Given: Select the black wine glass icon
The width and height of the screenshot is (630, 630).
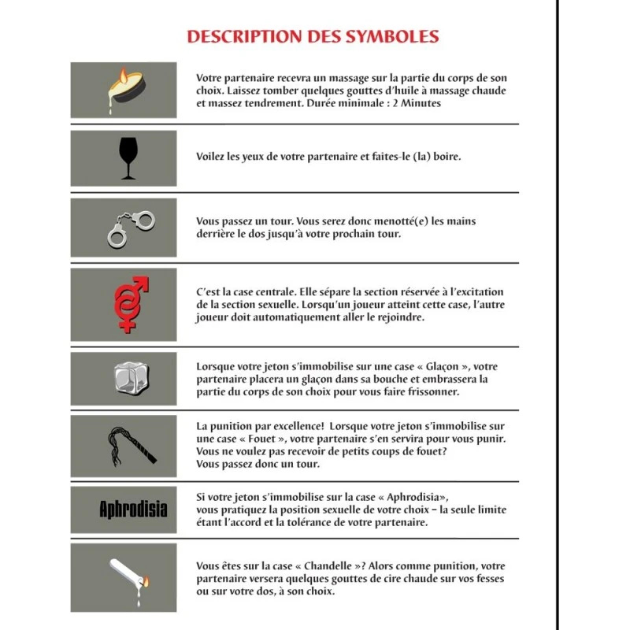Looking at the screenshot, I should pos(126,157).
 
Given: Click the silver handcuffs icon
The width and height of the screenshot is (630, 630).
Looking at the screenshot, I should pos(129,228).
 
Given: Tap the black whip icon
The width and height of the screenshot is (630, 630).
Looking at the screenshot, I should pos(131,446).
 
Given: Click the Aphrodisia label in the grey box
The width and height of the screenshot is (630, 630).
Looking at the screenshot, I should pos(133,509).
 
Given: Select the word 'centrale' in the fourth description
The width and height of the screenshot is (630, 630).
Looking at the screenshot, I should pos(261,292).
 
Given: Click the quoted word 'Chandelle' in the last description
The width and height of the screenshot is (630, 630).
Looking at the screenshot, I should pos(324,565).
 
